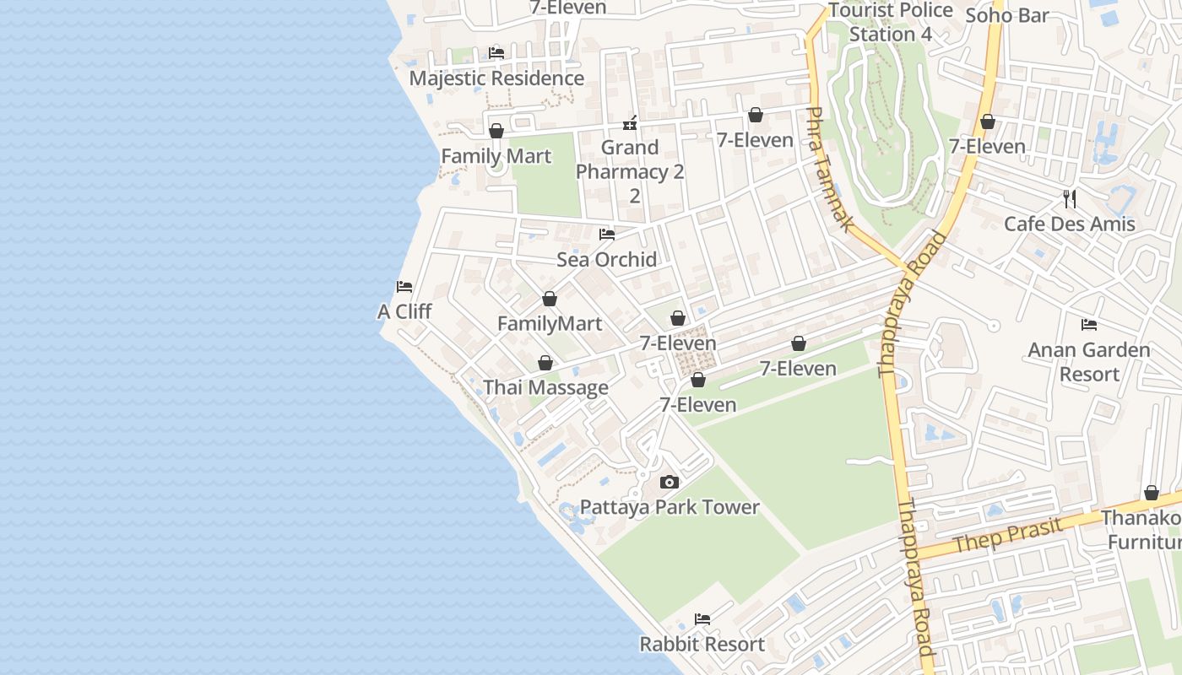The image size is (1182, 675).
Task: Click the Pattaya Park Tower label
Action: click(x=670, y=507)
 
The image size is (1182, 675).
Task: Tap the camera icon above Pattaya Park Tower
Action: click(x=670, y=483)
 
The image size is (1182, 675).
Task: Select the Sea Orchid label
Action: click(x=606, y=259)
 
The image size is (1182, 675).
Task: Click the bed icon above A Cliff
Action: click(x=404, y=287)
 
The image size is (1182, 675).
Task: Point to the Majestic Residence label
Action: click(x=496, y=78)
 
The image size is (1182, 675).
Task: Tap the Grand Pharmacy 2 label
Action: click(x=630, y=159)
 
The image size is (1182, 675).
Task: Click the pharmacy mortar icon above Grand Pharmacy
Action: click(x=630, y=124)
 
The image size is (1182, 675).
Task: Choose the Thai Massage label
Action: click(x=545, y=387)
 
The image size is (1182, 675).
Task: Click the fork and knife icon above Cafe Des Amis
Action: click(x=1070, y=199)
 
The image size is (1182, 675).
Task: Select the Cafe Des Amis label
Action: click(x=1069, y=224)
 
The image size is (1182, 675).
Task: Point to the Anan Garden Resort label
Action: click(x=1089, y=361)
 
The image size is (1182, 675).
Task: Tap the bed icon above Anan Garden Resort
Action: click(x=1089, y=325)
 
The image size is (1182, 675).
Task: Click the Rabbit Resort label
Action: click(x=702, y=644)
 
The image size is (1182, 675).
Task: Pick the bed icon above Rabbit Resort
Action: click(x=702, y=619)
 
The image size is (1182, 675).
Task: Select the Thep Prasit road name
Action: click(x=1007, y=534)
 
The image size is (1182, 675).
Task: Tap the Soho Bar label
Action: click(x=1007, y=15)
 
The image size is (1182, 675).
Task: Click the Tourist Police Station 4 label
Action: click(x=891, y=23)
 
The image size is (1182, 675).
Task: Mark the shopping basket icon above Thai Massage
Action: click(x=545, y=363)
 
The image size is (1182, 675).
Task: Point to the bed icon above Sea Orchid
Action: click(x=606, y=235)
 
